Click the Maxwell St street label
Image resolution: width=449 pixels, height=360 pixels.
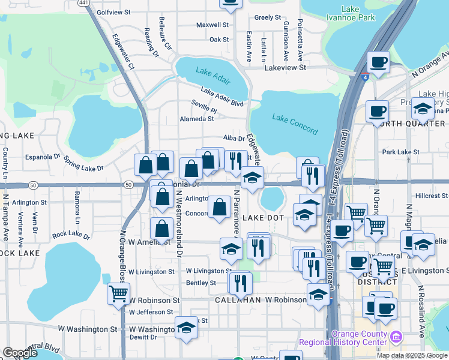tap(213, 25)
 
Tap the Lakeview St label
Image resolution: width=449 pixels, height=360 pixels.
tap(286, 68)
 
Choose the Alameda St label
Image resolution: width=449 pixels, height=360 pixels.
tap(197, 119)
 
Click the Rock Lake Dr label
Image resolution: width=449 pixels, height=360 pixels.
tap(71, 235)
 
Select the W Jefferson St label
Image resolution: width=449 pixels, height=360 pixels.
tap(151, 312)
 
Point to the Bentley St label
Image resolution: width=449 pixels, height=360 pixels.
tap(201, 283)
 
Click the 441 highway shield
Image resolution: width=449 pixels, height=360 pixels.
tap(84, 3)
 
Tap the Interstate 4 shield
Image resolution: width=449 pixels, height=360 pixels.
tap(365, 77)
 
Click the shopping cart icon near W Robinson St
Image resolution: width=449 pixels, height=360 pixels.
tap(119, 293)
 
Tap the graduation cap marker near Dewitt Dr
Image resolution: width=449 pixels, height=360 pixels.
tap(186, 328)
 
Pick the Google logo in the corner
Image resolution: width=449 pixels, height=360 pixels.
tap(20, 353)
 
